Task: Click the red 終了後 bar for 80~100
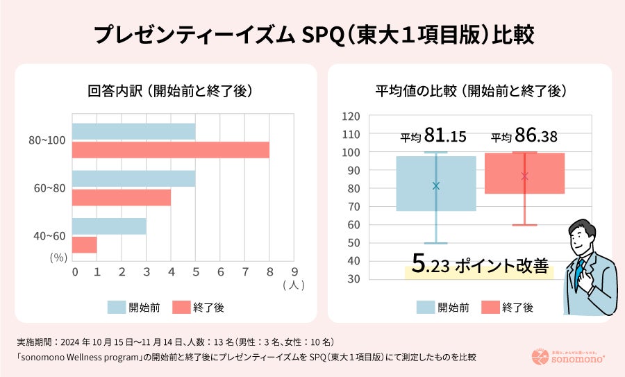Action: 170,149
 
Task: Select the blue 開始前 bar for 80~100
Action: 133,131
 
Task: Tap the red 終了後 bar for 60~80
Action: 121,197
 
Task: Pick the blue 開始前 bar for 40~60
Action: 108,226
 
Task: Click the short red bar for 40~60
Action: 84,244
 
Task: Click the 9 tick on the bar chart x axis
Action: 294,271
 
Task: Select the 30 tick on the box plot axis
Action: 353,279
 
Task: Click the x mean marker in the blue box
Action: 436,185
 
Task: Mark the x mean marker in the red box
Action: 524,176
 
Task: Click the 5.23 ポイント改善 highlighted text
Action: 479,265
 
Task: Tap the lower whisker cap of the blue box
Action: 436,243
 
